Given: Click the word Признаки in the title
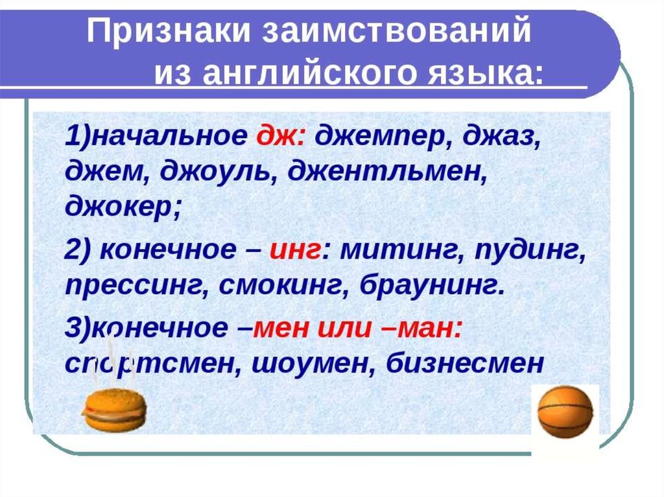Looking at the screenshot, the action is point(169,31).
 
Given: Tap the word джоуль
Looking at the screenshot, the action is point(219,172).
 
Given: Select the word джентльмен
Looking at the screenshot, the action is point(387,172).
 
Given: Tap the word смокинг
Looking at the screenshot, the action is point(283,287).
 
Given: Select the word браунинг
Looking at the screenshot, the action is point(432,286).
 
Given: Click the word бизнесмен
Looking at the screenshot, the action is point(465,364).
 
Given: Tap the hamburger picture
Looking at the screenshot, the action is point(114,409).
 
